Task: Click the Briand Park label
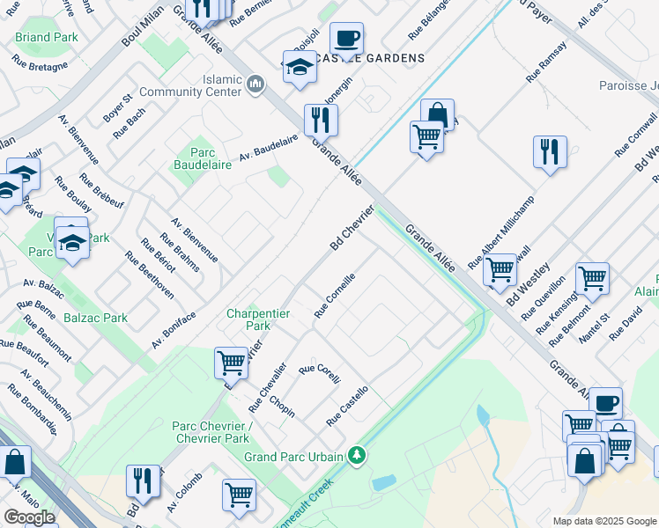tap(47, 38)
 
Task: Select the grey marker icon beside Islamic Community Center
tap(255, 84)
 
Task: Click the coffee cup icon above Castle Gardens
tap(346, 39)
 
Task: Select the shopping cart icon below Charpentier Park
tap(231, 361)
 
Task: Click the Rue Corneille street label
tap(336, 295)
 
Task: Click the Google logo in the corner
tap(29, 517)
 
